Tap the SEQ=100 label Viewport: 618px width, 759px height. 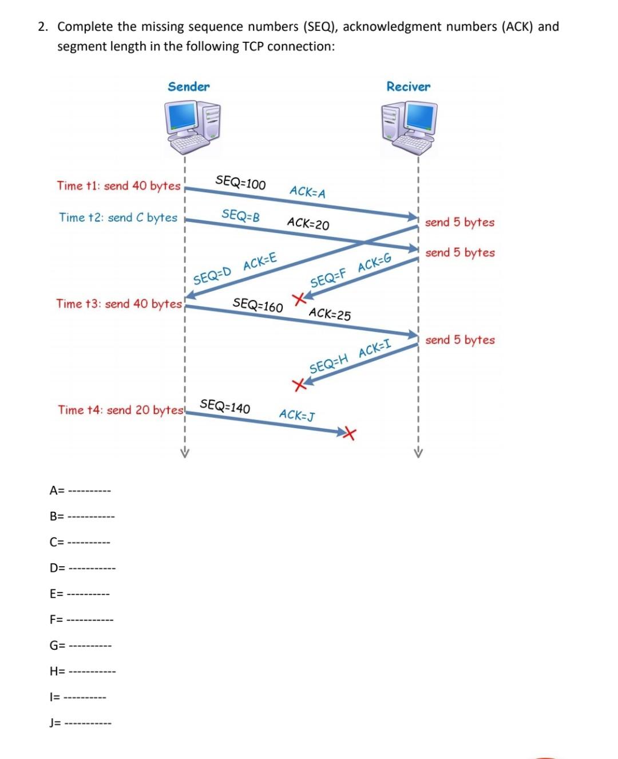point(240,183)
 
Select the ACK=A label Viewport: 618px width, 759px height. point(308,192)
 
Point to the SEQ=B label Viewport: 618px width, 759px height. point(240,216)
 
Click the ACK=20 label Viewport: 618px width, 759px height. point(308,223)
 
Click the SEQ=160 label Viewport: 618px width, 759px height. point(257,305)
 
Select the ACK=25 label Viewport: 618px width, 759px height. point(330,314)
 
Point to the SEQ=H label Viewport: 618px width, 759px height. point(328,365)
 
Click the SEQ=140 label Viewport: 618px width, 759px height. point(225,406)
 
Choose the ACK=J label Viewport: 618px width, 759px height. point(296,415)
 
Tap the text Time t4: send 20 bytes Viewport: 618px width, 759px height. point(120,410)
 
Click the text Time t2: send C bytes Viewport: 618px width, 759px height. point(118,218)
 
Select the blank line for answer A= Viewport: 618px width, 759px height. point(89,491)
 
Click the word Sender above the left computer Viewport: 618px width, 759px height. point(189,87)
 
